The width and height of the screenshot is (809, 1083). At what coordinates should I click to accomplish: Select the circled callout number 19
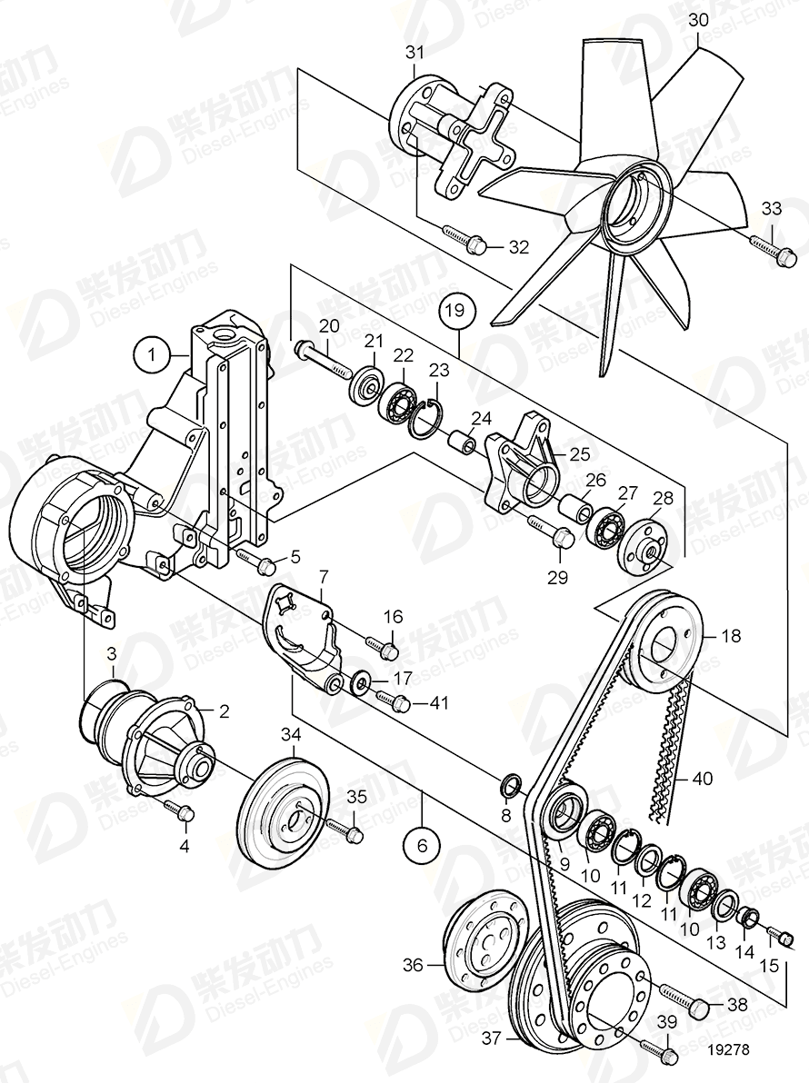click(459, 311)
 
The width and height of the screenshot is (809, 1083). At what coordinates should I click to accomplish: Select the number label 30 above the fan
click(698, 19)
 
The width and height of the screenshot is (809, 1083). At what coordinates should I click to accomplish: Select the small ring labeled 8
click(512, 782)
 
